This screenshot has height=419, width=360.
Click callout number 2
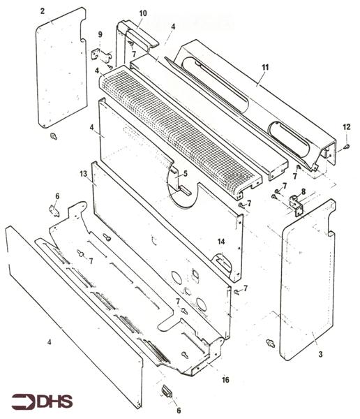42,11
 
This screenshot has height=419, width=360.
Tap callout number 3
320,355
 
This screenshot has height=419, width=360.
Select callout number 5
186,173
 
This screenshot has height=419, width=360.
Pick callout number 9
100,35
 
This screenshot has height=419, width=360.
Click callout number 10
143,13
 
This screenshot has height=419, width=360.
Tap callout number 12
346,126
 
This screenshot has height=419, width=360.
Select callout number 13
83,172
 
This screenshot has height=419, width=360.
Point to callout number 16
225,380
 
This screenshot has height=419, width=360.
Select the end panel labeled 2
61,70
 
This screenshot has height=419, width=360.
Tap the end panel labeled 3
307,279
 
